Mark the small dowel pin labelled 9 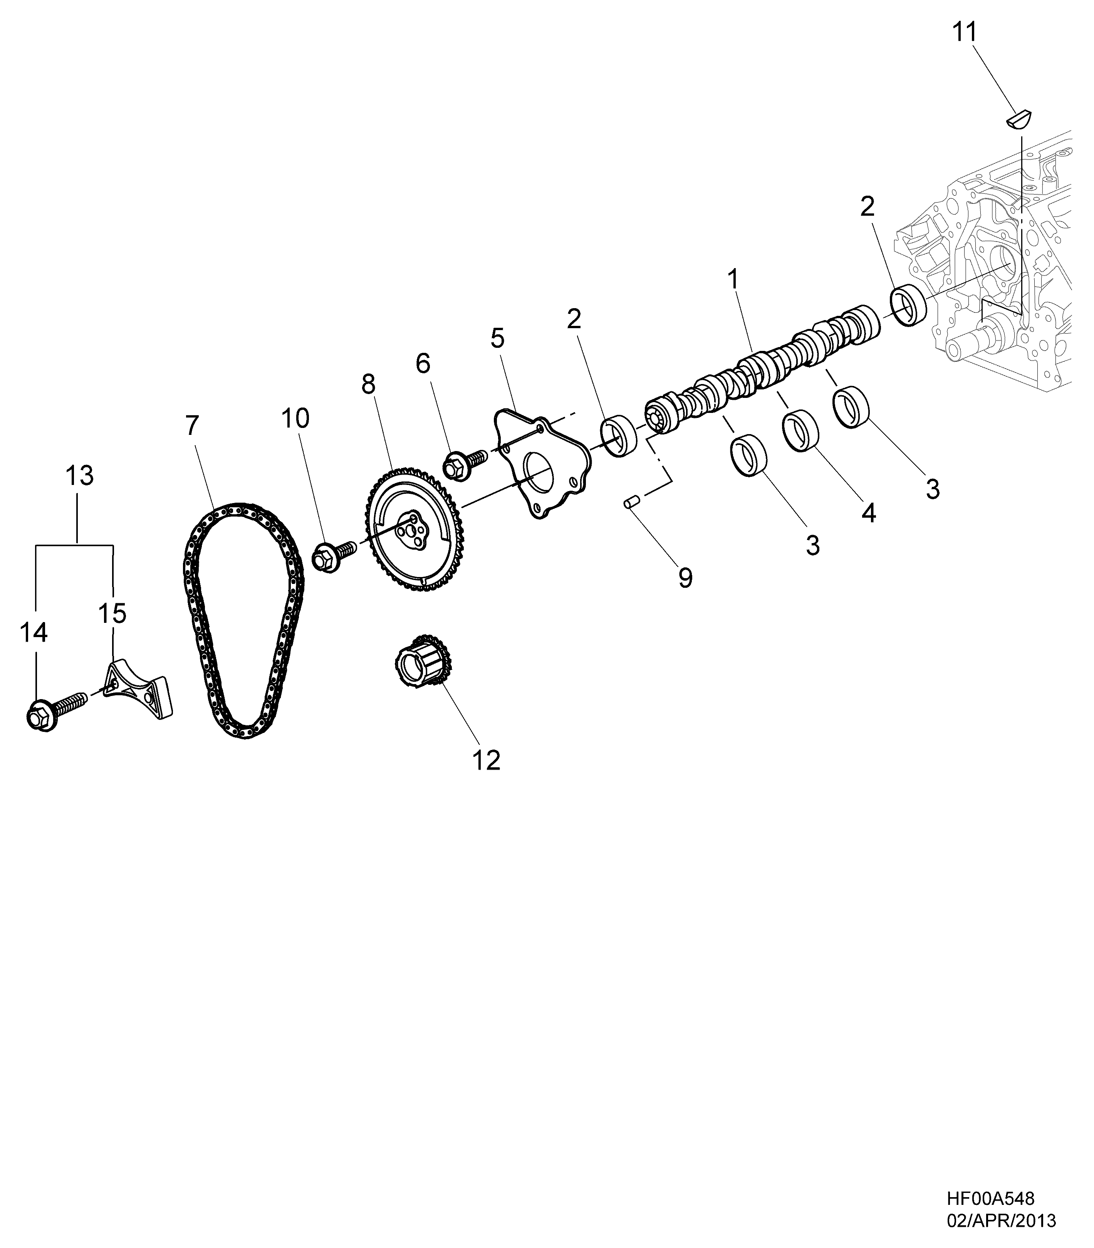(x=631, y=503)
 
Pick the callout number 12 (x=487, y=760)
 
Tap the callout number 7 (x=192, y=426)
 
